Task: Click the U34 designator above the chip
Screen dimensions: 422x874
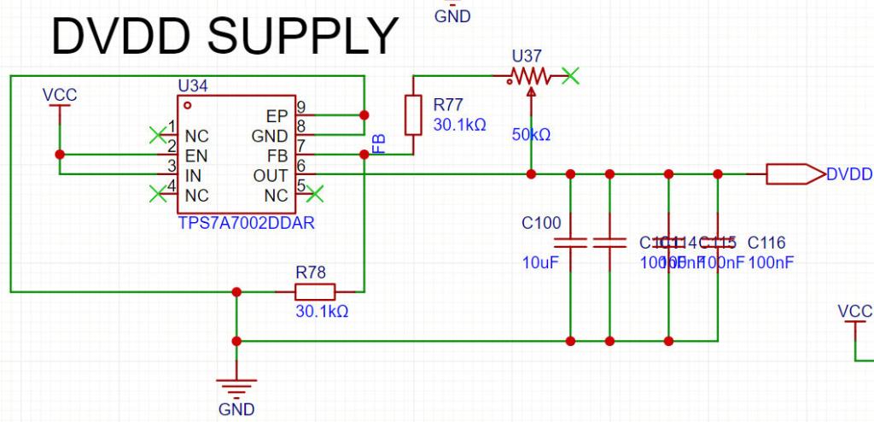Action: [192, 86]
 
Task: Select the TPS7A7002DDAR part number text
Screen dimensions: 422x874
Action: [238, 223]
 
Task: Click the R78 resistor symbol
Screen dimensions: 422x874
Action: [315, 291]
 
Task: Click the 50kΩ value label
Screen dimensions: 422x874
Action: [531, 135]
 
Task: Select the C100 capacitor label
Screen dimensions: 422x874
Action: [541, 224]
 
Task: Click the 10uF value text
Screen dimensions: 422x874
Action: [539, 262]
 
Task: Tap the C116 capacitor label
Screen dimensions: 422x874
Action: [766, 243]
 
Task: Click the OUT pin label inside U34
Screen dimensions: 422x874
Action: [271, 175]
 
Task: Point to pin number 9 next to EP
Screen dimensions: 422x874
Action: [300, 108]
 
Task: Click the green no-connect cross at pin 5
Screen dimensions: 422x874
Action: [315, 194]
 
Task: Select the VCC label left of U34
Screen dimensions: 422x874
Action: [60, 95]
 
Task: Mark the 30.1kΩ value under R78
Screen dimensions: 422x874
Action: [322, 312]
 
